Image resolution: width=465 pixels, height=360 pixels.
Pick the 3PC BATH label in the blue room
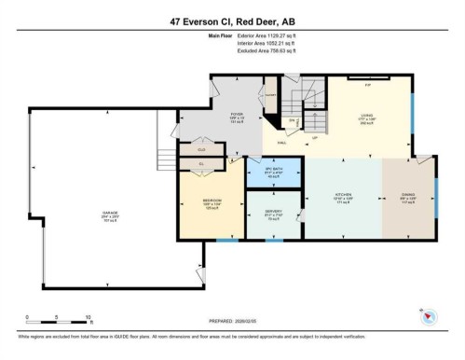pos(274,168)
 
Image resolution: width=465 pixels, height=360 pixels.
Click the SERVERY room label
pos(273,213)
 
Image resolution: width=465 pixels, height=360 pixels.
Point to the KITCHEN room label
pos(344,197)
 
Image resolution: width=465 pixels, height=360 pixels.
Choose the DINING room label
pos(408,197)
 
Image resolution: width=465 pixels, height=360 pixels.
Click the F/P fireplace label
pos(367,84)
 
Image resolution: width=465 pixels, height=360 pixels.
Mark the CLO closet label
pos(200,148)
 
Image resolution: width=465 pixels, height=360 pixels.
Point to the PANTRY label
pos(270,95)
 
